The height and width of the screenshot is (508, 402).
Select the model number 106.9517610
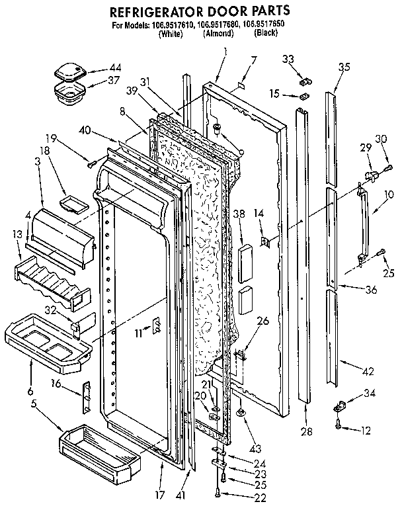(173, 25)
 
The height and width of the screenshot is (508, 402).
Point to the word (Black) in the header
(266, 32)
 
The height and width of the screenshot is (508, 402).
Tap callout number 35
(344, 66)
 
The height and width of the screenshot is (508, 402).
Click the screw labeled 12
(339, 427)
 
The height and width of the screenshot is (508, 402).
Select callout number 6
(30, 392)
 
